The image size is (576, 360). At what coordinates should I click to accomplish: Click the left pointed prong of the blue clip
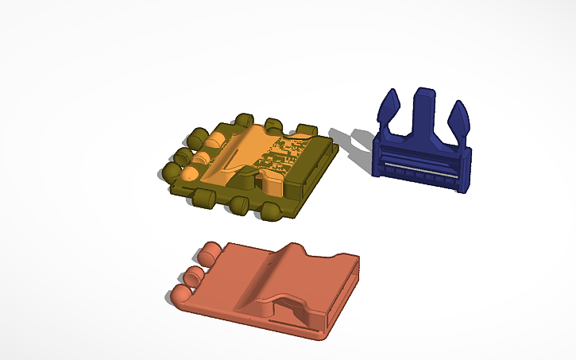[389, 110]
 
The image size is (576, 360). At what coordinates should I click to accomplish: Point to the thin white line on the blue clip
[419, 170]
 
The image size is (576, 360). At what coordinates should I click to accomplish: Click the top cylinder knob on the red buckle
[211, 254]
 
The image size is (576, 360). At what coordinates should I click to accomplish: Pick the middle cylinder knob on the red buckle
[194, 277]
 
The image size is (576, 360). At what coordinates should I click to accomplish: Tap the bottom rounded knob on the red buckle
[181, 295]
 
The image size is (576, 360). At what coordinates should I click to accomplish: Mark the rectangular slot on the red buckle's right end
[342, 289]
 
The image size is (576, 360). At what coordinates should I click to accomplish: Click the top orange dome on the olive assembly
[215, 140]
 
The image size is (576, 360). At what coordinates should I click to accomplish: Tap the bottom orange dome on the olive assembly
[190, 172]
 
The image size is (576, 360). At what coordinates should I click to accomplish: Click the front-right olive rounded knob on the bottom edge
[271, 211]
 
